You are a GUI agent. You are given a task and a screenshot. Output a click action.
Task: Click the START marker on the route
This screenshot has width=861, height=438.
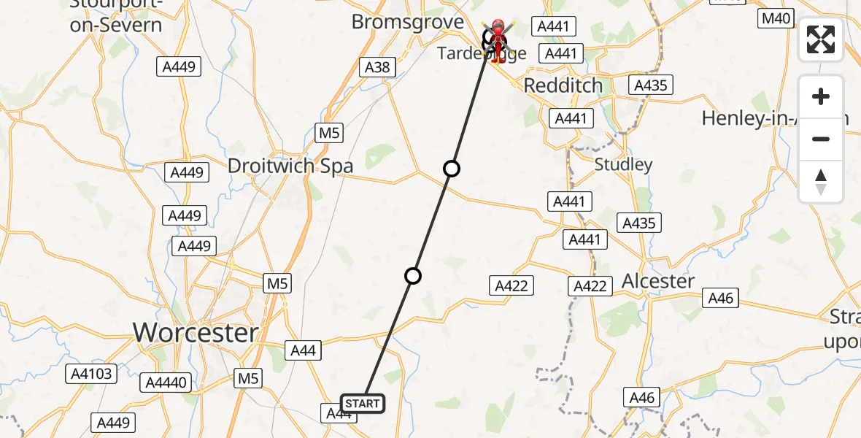pos(362,403)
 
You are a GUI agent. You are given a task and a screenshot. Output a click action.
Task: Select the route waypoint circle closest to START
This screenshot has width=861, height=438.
pos(413,275)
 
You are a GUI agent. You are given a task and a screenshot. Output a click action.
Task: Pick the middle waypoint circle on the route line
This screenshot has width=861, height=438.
pos(452,169)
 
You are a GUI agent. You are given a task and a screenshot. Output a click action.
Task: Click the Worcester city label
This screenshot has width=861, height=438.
pos(196,333)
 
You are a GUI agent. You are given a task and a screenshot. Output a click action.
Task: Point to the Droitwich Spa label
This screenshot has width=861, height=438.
pos(290,166)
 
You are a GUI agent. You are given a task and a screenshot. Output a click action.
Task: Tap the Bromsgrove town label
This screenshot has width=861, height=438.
pos(407,22)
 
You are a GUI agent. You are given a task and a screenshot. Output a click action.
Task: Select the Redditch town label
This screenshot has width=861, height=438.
pos(563,85)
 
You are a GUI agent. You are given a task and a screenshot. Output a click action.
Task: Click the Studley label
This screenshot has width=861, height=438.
pos(623,164)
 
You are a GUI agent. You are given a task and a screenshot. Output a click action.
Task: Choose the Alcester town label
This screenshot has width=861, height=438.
pos(658,280)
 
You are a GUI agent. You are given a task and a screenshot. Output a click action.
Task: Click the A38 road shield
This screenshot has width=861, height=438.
pos(377,68)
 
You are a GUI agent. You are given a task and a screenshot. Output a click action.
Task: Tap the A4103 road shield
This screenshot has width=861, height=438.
pos(90,374)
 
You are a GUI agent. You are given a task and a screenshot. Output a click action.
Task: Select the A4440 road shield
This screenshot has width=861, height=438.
pos(166,382)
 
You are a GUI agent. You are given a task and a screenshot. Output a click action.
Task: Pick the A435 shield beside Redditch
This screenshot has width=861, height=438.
pos(651,85)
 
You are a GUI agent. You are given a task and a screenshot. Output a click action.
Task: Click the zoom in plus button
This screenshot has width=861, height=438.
pos(821,96)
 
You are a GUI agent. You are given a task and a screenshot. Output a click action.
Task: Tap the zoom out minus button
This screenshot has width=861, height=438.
pos(821,139)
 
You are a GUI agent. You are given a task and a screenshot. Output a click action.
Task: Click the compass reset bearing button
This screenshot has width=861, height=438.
pos(821,181)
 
